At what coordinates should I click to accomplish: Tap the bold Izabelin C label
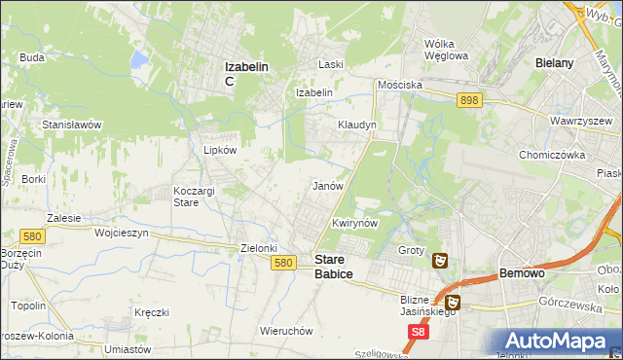point(246,73)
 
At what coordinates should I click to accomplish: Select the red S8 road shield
point(418,332)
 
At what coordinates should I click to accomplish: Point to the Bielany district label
point(554,62)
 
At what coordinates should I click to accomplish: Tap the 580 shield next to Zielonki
point(283,263)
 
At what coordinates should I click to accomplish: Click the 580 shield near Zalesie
point(30,235)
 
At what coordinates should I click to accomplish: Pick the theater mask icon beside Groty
point(440,260)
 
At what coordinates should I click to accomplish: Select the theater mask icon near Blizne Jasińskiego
point(455,304)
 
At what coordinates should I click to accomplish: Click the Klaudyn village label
point(356,126)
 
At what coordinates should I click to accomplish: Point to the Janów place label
point(327,185)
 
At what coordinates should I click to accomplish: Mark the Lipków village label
point(219,150)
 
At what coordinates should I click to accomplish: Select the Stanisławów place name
point(72,125)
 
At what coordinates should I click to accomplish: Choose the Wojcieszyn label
point(122,234)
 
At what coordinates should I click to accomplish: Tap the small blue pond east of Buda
point(140,60)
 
